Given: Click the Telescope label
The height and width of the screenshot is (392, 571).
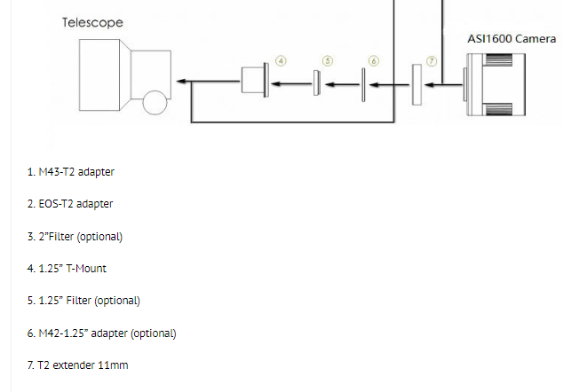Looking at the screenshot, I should [92, 22].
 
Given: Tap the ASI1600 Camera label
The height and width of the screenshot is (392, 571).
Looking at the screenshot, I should [512, 39].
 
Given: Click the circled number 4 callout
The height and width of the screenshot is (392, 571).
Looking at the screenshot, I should [281, 61].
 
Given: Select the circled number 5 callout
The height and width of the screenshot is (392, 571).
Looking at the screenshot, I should [327, 61].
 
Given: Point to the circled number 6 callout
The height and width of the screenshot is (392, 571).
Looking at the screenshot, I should [373, 61].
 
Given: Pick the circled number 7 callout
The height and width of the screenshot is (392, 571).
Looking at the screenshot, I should [432, 61].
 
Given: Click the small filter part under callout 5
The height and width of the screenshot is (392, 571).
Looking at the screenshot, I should [315, 83].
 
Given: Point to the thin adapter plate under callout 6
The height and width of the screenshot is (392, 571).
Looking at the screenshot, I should [363, 85].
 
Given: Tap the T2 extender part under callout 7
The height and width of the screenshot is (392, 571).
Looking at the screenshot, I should [416, 85].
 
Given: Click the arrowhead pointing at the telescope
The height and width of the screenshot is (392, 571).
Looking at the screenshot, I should [181, 82].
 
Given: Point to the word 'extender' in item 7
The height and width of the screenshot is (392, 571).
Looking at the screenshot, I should [72, 365].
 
